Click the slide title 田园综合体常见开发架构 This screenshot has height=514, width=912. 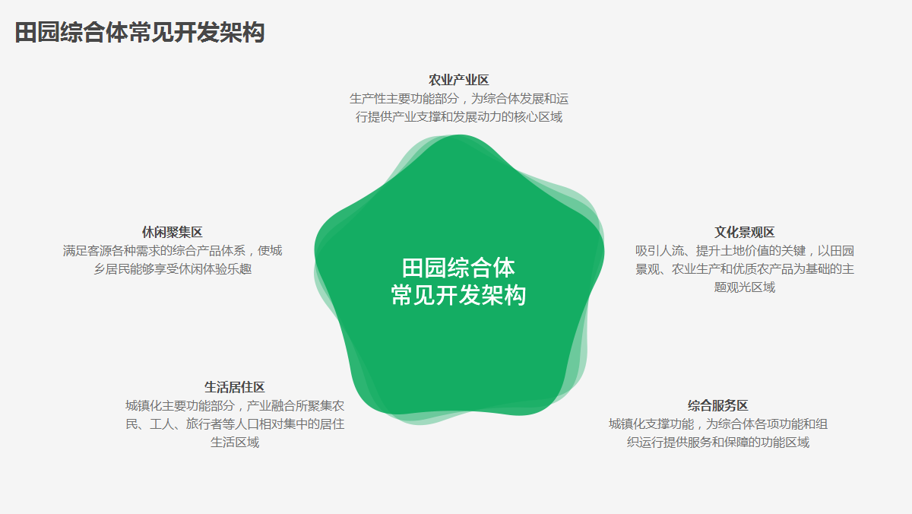tap(140, 33)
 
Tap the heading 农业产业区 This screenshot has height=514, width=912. tap(459, 81)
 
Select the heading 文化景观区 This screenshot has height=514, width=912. tap(745, 233)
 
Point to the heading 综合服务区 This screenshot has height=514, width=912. tap(718, 406)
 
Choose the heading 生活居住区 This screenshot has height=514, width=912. tap(235, 387)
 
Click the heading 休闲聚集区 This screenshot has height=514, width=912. tap(173, 233)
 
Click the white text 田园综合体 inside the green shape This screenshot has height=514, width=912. tap(459, 268)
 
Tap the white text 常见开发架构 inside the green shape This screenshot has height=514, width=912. tap(459, 295)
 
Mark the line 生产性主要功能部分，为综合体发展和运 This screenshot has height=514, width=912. tap(459, 99)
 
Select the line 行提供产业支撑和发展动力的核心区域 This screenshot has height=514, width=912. tap(459, 117)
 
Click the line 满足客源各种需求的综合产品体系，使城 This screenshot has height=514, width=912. tap(173, 250)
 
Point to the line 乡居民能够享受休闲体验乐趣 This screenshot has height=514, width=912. tap(173, 269)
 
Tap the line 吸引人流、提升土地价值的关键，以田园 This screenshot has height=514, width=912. tap(745, 250)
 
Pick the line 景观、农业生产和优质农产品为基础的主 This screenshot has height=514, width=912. tap(745, 269)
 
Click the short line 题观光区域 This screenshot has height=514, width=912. tap(745, 287)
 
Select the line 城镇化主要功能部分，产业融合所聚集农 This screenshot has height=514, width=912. tap(235, 406)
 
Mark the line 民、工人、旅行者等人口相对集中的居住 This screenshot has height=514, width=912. tap(235, 424)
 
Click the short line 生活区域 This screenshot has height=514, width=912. tap(235, 443)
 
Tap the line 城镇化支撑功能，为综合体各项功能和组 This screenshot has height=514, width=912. tap(718, 424)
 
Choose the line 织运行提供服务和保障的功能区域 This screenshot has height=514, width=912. tap(718, 443)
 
